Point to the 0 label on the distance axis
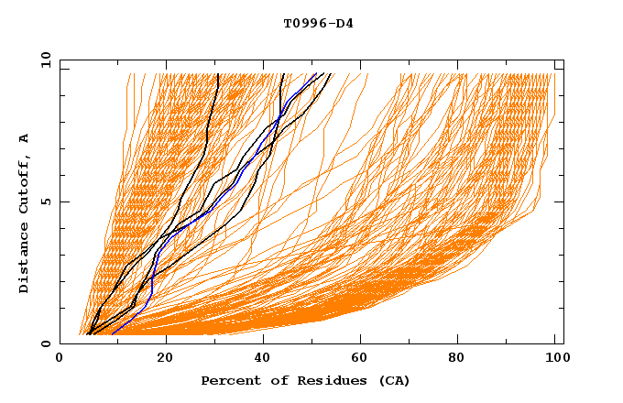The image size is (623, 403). [x=46, y=343]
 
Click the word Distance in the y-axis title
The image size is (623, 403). [x=24, y=260]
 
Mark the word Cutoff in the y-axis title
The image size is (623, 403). [x=24, y=186]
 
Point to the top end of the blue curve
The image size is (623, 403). [x=316, y=74]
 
